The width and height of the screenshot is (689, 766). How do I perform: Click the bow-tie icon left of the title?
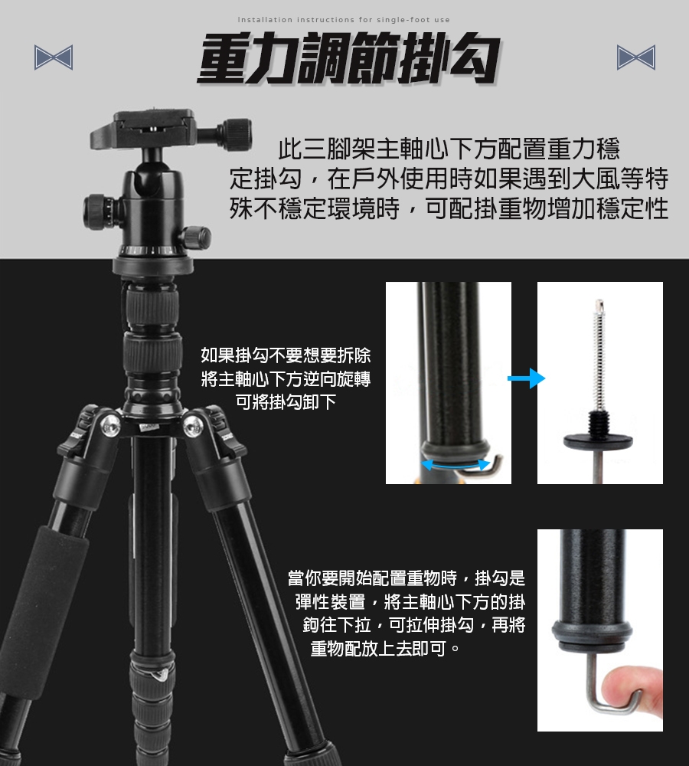pyautogui.click(x=54, y=57)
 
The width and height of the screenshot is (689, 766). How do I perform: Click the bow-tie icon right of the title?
pyautogui.click(x=635, y=57)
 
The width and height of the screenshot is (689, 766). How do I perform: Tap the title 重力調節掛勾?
pyautogui.click(x=349, y=59)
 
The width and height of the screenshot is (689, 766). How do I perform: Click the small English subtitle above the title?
pyautogui.click(x=344, y=20)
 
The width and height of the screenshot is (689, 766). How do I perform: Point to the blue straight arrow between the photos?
pyautogui.click(x=527, y=378)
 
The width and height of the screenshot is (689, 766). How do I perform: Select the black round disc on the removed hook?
pyautogui.click(x=598, y=440)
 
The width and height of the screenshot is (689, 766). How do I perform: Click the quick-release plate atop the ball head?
pyautogui.click(x=143, y=130)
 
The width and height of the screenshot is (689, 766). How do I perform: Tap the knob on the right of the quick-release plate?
pyautogui.click(x=234, y=134)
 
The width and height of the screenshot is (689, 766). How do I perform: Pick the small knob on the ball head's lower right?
pyautogui.click(x=196, y=238)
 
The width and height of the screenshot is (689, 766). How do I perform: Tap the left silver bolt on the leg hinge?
pyautogui.click(x=110, y=426)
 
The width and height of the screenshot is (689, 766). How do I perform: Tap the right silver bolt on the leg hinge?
pyautogui.click(x=194, y=425)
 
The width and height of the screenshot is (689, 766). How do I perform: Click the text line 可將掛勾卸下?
pyautogui.click(x=286, y=402)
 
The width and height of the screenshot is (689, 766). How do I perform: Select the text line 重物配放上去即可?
pyautogui.click(x=386, y=648)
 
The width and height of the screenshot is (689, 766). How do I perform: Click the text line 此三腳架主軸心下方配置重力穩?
pyautogui.click(x=449, y=149)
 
